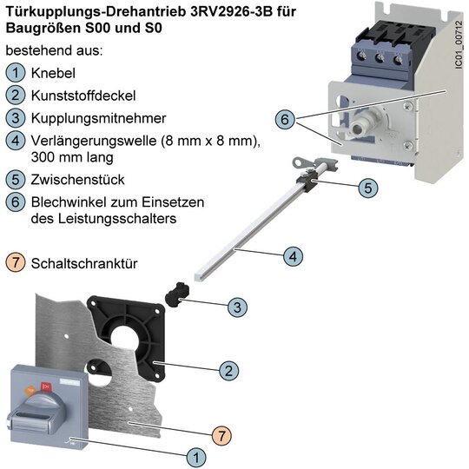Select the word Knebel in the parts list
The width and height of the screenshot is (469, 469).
53,73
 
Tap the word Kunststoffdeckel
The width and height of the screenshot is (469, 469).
83,96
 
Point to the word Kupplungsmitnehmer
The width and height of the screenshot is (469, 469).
98,118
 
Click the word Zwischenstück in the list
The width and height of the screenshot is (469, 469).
78,180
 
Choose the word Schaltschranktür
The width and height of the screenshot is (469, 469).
84,263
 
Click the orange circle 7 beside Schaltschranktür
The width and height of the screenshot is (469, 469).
16,262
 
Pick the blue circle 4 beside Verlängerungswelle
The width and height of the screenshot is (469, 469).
16,141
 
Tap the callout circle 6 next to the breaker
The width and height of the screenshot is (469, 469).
285,119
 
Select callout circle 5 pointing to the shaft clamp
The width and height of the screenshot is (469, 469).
368,188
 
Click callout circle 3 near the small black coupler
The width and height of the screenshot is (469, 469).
237,307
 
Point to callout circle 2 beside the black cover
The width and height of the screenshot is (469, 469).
228,371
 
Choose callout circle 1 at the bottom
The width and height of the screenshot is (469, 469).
196,458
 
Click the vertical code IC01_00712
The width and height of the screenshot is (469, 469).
459,45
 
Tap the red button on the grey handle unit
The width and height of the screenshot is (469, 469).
46,387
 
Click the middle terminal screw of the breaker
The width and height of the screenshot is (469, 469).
380,56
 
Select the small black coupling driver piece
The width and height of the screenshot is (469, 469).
178,294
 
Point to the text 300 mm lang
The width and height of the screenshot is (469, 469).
72,157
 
